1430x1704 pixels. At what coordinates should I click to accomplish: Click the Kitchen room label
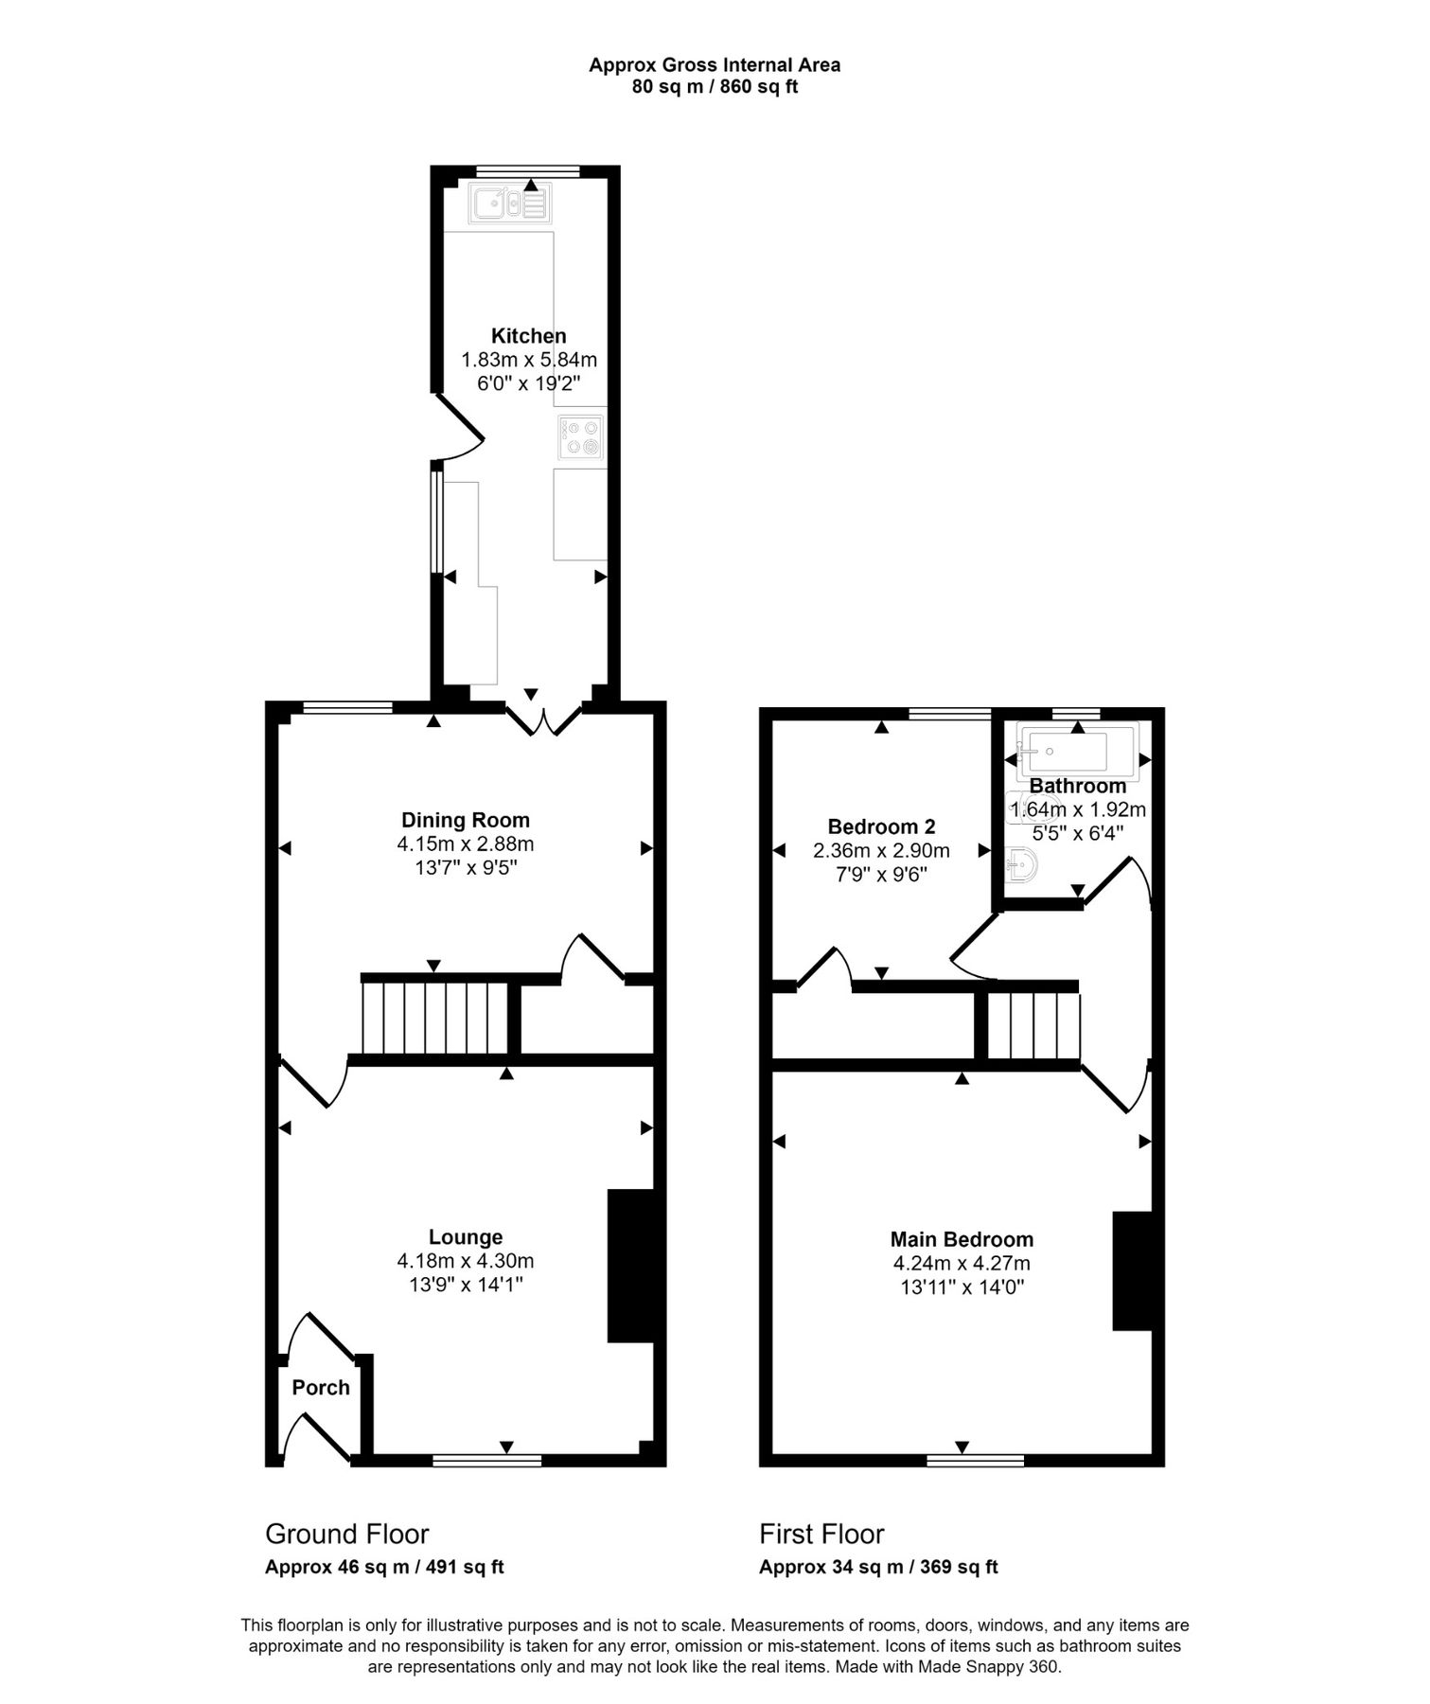(x=528, y=336)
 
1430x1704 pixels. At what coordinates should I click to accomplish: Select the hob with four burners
(x=580, y=438)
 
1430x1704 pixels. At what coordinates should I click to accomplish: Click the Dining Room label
(x=466, y=821)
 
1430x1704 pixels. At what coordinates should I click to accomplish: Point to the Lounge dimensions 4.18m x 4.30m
(x=466, y=1261)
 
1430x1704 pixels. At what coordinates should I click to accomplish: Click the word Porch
(x=321, y=1388)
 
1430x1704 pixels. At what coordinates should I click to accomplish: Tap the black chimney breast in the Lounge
(x=630, y=1266)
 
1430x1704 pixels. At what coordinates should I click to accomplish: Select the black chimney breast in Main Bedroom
(x=1132, y=1271)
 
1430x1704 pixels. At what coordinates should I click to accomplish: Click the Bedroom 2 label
(x=881, y=826)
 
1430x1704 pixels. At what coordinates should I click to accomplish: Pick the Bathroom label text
(x=1078, y=786)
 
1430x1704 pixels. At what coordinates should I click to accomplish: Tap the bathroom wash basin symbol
(x=1022, y=863)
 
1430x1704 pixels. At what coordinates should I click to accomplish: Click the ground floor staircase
(x=436, y=1018)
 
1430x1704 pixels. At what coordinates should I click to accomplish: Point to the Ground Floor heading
(x=346, y=1534)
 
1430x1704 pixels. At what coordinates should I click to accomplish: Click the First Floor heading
(x=821, y=1534)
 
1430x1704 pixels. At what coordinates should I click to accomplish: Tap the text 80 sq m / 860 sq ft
(x=715, y=87)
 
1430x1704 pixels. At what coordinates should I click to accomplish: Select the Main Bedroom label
(x=962, y=1239)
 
